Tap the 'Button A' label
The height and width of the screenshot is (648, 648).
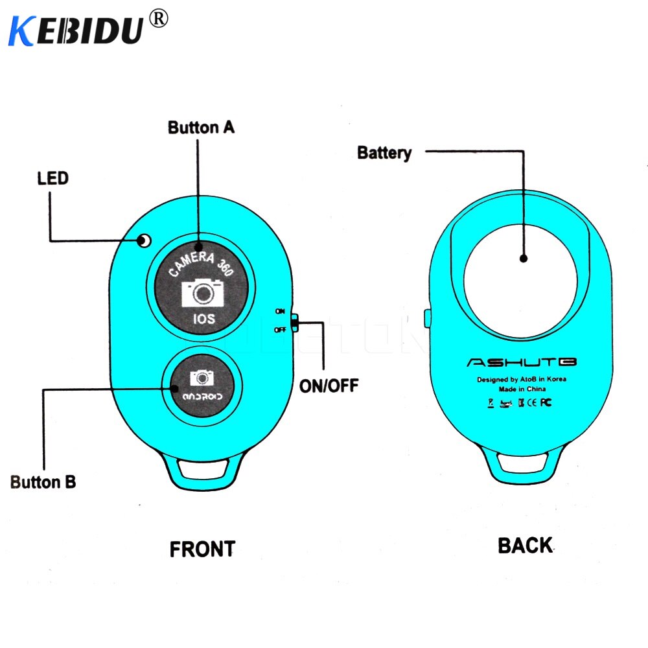click(201, 127)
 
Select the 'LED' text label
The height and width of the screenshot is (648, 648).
click(52, 177)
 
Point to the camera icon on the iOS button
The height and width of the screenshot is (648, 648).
click(203, 293)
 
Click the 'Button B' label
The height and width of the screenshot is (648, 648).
click(43, 481)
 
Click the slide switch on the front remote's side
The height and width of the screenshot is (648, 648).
click(295, 322)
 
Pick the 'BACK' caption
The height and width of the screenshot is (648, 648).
click(525, 546)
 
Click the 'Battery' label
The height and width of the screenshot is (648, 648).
click(384, 153)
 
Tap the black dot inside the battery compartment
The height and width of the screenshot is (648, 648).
click(524, 259)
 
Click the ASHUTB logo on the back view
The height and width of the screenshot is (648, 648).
click(522, 362)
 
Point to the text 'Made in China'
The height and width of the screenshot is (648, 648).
click(522, 389)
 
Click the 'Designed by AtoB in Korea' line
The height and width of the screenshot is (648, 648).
click(522, 379)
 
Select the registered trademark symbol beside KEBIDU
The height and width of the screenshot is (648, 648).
click(158, 19)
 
